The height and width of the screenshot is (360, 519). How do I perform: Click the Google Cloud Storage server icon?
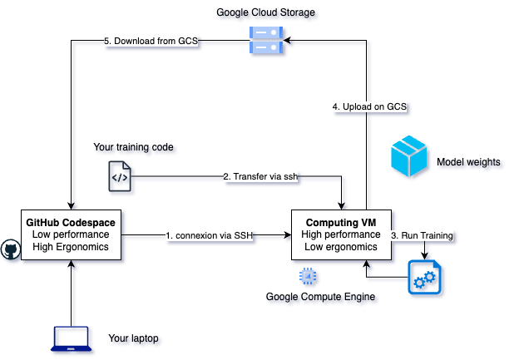coord(261,38)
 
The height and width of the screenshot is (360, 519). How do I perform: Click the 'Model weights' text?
coord(468,162)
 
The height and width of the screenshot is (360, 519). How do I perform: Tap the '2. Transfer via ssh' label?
coord(259,176)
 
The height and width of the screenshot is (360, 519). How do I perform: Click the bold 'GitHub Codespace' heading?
coord(72,223)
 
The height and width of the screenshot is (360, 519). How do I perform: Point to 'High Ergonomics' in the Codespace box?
coord(72,247)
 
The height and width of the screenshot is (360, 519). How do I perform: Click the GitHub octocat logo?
coord(11,249)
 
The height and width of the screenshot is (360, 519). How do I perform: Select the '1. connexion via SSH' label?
coord(209,235)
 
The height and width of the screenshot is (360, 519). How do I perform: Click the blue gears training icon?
coord(424,278)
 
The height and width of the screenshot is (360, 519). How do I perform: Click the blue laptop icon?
coord(72,338)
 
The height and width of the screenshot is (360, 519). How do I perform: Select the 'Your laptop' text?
coord(133,338)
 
